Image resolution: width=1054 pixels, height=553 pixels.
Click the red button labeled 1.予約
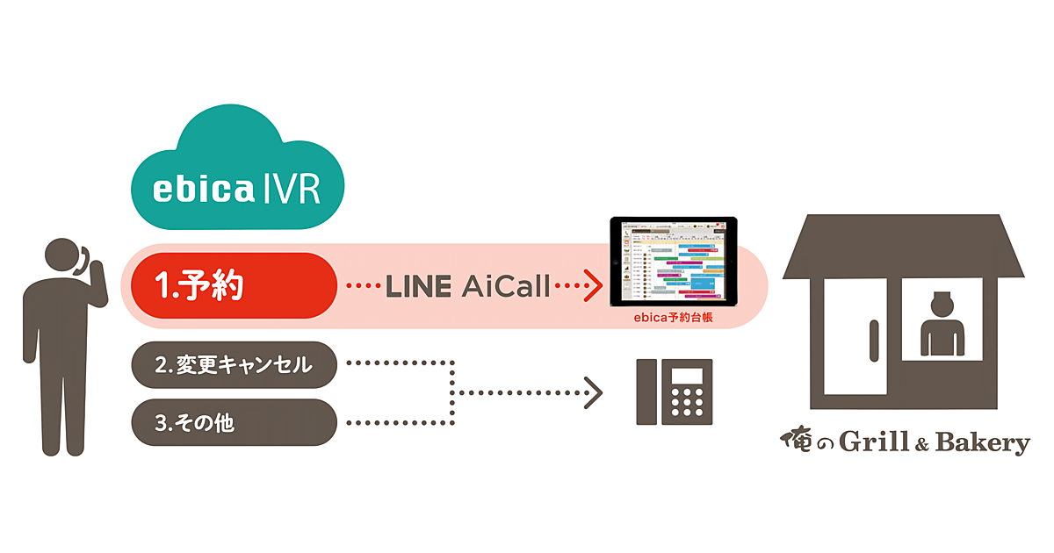tap(234, 285)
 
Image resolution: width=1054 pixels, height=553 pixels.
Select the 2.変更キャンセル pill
tap(234, 364)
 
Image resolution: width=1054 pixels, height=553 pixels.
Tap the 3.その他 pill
tap(234, 422)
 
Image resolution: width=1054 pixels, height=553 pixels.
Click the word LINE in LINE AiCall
tap(418, 286)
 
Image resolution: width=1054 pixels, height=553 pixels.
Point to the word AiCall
tap(507, 286)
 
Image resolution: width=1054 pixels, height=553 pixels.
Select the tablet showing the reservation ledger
tap(673, 262)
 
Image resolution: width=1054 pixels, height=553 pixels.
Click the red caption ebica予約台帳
tap(673, 320)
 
